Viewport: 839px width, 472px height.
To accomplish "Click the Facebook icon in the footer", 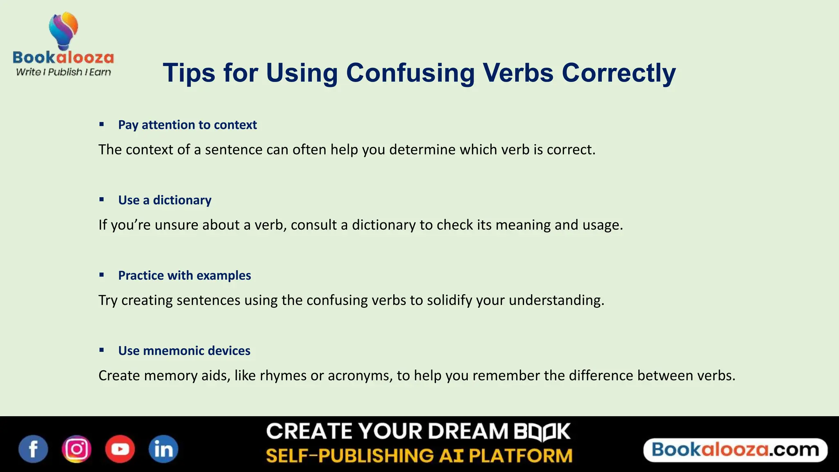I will tap(33, 449).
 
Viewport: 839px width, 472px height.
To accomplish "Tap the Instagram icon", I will tap(77, 449).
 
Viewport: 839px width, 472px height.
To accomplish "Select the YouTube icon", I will tap(120, 449).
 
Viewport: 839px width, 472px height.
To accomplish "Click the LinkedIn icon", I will tap(163, 449).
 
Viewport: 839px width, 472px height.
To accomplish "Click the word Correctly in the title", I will tap(619, 73).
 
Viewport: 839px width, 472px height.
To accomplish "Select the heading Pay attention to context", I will tap(187, 125).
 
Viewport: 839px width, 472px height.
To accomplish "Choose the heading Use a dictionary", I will tap(165, 200).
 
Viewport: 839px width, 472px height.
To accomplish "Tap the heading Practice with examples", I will tap(184, 276).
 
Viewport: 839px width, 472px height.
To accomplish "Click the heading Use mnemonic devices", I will tap(184, 351).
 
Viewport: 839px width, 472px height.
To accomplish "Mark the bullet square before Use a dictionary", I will tap(102, 200).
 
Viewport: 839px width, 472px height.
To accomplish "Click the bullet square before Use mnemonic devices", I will tap(102, 350).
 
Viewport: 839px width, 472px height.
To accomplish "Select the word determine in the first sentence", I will tap(422, 150).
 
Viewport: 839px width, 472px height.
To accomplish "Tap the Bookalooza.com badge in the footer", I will tap(735, 450).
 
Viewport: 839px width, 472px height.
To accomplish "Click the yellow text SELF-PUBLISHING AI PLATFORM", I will tap(419, 456).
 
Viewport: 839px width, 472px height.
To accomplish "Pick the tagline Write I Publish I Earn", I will tap(63, 72).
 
